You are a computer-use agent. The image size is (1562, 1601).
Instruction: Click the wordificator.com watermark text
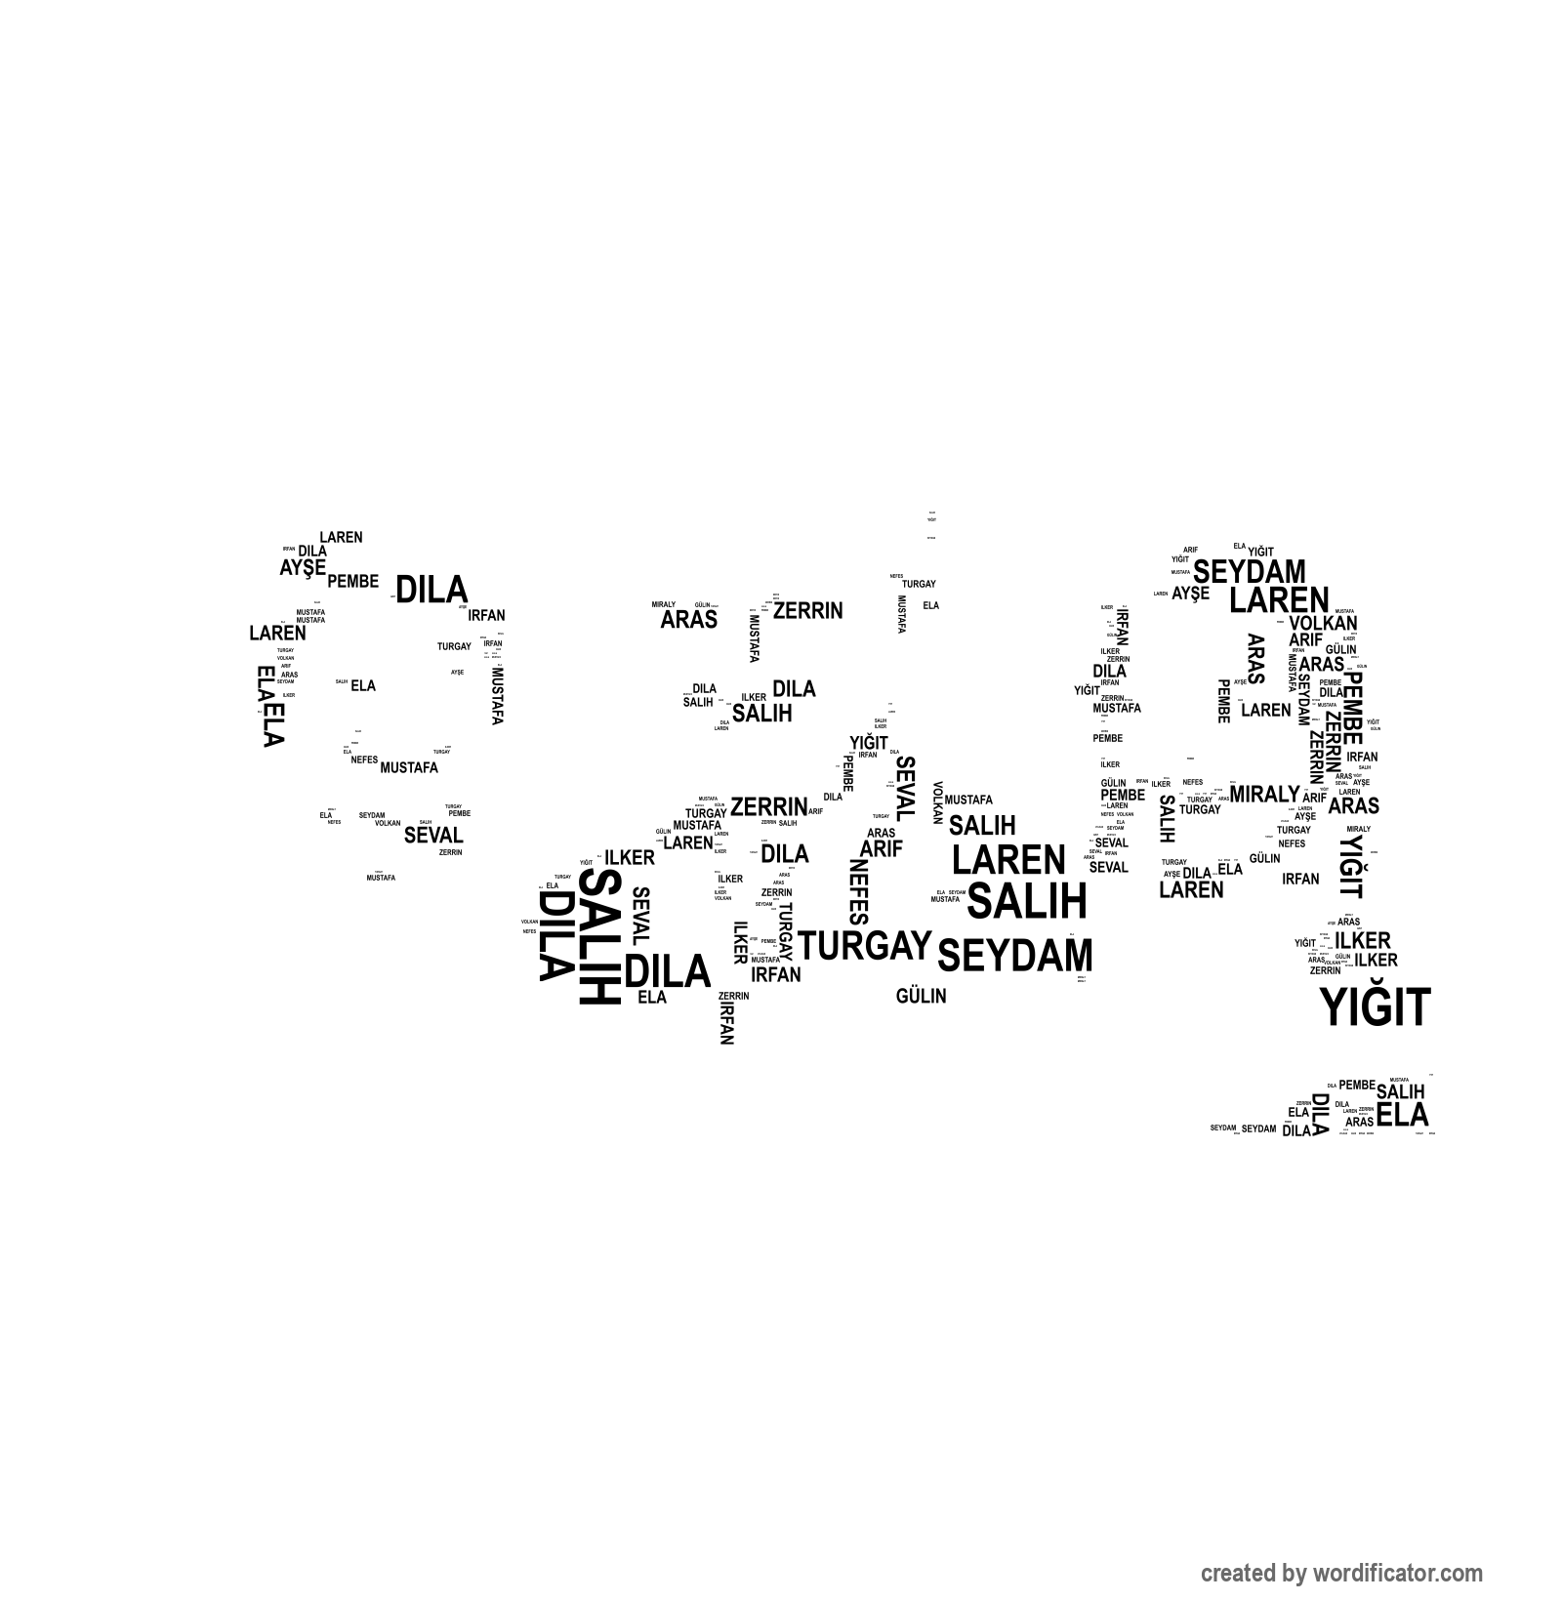[x=1340, y=1573]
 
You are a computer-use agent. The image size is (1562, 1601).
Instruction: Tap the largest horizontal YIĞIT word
[x=1375, y=1007]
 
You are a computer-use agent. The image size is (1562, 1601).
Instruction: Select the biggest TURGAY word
[x=865, y=945]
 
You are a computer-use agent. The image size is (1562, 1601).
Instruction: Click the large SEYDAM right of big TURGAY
[x=1014, y=956]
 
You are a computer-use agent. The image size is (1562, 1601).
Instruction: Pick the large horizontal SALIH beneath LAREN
[x=1026, y=901]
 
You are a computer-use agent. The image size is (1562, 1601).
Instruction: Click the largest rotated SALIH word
[x=599, y=937]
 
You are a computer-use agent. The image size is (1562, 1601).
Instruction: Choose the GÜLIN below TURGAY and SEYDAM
[x=921, y=997]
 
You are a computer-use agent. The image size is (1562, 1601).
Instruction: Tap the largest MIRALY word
[x=1264, y=795]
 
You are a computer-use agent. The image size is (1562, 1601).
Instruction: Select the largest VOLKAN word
[x=1323, y=623]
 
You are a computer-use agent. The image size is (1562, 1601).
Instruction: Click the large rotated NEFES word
[x=858, y=891]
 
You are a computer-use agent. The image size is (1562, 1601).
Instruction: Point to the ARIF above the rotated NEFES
[x=881, y=848]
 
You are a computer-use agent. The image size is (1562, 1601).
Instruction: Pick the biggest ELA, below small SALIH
[x=1403, y=1115]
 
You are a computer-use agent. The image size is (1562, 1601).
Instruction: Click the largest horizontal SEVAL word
[x=433, y=836]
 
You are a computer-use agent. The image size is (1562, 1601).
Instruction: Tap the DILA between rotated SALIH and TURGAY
[x=668, y=971]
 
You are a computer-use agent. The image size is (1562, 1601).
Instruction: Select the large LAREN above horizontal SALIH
[x=1008, y=860]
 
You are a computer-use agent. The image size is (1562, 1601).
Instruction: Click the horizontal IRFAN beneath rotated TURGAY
[x=776, y=974]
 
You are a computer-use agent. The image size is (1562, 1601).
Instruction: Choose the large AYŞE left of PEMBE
[x=303, y=567]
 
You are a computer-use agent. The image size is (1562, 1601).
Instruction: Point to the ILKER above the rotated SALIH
[x=630, y=857]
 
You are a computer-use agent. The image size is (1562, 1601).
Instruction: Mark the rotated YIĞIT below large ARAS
[x=1351, y=866]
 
